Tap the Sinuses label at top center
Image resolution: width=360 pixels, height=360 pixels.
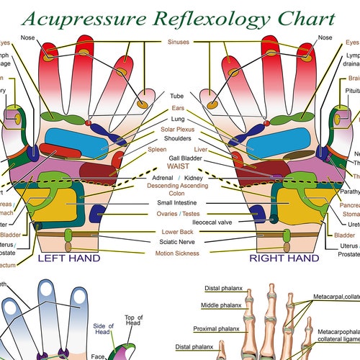(179, 42)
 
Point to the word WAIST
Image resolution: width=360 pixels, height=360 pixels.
(179, 166)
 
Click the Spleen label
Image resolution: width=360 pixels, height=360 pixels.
(157, 150)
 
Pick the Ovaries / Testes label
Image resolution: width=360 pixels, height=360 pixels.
(179, 214)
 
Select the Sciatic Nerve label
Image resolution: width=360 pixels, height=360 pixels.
(179, 243)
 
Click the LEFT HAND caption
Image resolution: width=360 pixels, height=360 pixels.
(68, 257)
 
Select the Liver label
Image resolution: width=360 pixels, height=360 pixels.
(202, 150)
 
